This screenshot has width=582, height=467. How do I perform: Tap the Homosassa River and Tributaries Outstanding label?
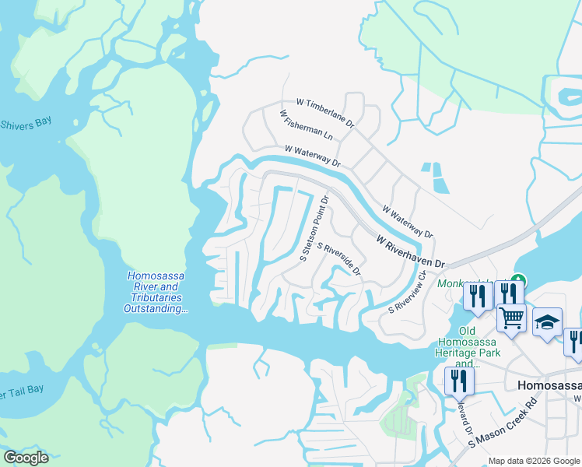[156, 293]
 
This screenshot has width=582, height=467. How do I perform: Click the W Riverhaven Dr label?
[408, 251]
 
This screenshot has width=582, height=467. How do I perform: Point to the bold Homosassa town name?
[549, 384]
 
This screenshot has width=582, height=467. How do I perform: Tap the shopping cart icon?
[511, 316]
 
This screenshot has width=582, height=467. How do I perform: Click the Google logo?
[26, 458]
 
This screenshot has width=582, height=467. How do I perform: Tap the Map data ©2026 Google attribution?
[534, 461]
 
